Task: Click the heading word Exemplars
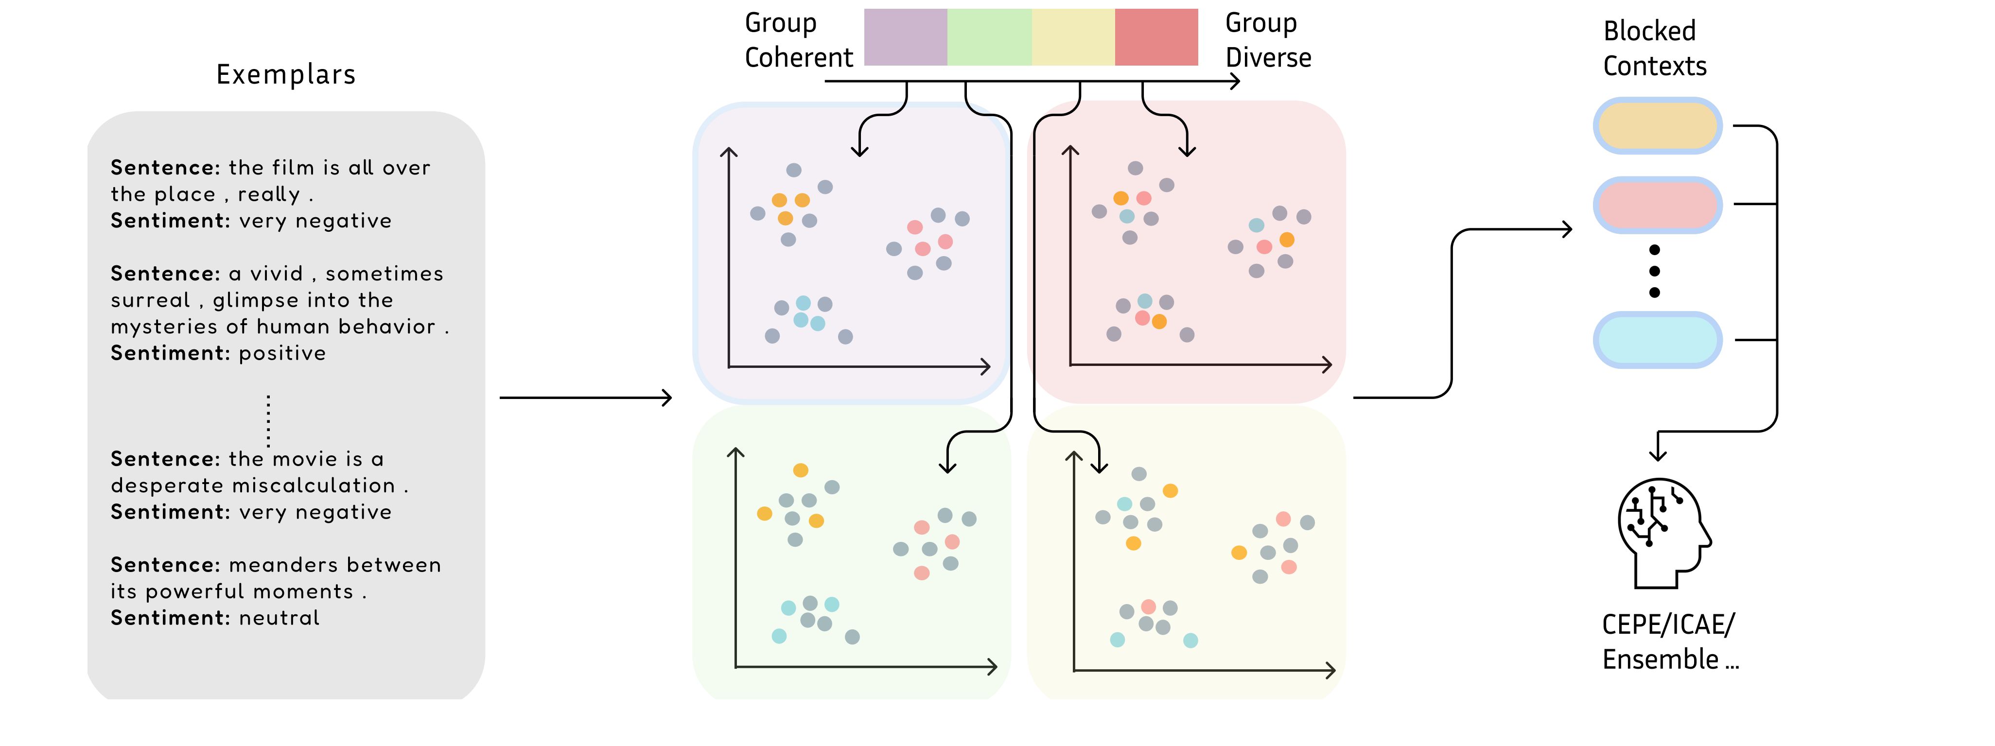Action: click(x=286, y=74)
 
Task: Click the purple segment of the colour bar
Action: click(x=905, y=37)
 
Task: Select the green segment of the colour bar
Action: click(x=989, y=37)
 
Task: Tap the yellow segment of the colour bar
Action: click(x=1073, y=37)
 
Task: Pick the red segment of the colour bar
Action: click(x=1156, y=37)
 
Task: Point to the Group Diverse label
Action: click(x=1268, y=40)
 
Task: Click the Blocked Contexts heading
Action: click(x=1654, y=49)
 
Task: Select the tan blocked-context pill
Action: click(x=1657, y=125)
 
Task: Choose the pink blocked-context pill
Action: click(x=1657, y=205)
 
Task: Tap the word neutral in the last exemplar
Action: click(x=279, y=618)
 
